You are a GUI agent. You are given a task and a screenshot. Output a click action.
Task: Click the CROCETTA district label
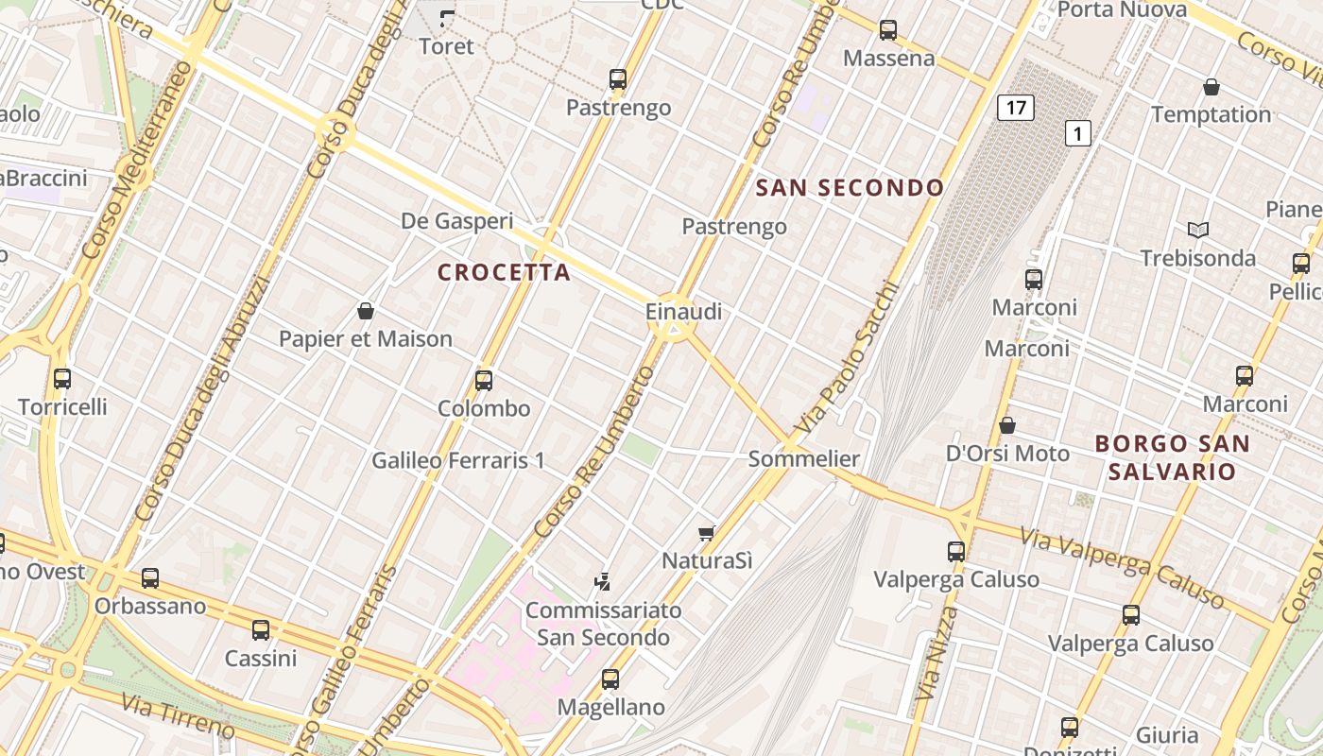[504, 273]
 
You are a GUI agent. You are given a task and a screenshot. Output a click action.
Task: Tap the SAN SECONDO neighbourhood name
[850, 188]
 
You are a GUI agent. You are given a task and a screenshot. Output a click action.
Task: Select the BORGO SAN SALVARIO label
[1172, 457]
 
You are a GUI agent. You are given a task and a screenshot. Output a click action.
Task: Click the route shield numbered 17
[1016, 108]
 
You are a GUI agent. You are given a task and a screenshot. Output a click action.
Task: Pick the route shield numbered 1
[1078, 133]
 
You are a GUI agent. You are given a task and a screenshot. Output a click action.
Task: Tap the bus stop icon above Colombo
[484, 381]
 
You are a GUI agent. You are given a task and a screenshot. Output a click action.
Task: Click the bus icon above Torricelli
[62, 379]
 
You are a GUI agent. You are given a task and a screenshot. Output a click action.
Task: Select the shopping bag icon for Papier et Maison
[366, 311]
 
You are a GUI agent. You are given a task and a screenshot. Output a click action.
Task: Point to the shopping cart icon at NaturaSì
[707, 533]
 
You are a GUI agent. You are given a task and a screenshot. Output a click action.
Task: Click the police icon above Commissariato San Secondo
[603, 582]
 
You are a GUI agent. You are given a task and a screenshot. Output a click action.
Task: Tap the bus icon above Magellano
[610, 679]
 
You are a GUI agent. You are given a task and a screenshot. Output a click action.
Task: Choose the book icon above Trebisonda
[1198, 230]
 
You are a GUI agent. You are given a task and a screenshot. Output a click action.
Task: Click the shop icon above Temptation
[1211, 88]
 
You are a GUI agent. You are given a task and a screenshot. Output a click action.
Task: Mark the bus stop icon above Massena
[888, 30]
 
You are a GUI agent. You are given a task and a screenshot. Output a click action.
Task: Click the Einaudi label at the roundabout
[683, 311]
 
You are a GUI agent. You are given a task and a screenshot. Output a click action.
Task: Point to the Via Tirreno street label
[178, 715]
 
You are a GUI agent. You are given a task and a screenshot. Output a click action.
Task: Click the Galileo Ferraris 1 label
[458, 460]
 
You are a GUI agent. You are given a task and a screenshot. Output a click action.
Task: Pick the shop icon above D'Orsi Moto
[1007, 425]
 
